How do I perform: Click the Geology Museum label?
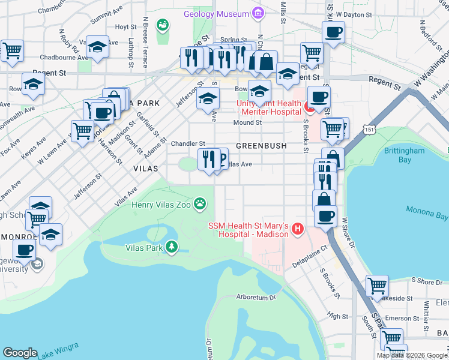pyautogui.click(x=216, y=14)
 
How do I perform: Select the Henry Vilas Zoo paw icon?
pyautogui.click(x=200, y=205)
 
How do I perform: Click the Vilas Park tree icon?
pyautogui.click(x=172, y=247)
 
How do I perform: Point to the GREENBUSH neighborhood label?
pyautogui.click(x=261, y=146)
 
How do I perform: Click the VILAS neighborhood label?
pyautogui.click(x=145, y=170)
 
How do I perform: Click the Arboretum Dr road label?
pyautogui.click(x=256, y=297)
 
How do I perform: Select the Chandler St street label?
pyautogui.click(x=188, y=144)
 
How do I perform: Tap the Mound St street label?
pyautogui.click(x=247, y=122)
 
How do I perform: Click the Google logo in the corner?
pyautogui.click(x=20, y=353)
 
